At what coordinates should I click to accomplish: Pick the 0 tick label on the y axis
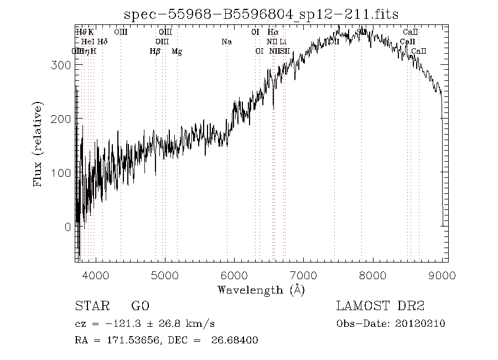67,227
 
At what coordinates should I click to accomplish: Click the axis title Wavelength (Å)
261,290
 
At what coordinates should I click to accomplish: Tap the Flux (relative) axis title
38,144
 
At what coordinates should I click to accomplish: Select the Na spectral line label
226,42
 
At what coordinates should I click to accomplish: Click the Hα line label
272,33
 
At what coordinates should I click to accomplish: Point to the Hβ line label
155,52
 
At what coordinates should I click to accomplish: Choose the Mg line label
177,52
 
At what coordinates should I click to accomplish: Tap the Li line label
283,42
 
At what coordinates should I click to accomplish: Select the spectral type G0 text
140,306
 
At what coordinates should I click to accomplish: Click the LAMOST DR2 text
380,306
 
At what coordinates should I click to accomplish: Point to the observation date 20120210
422,324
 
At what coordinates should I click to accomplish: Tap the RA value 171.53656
128,340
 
